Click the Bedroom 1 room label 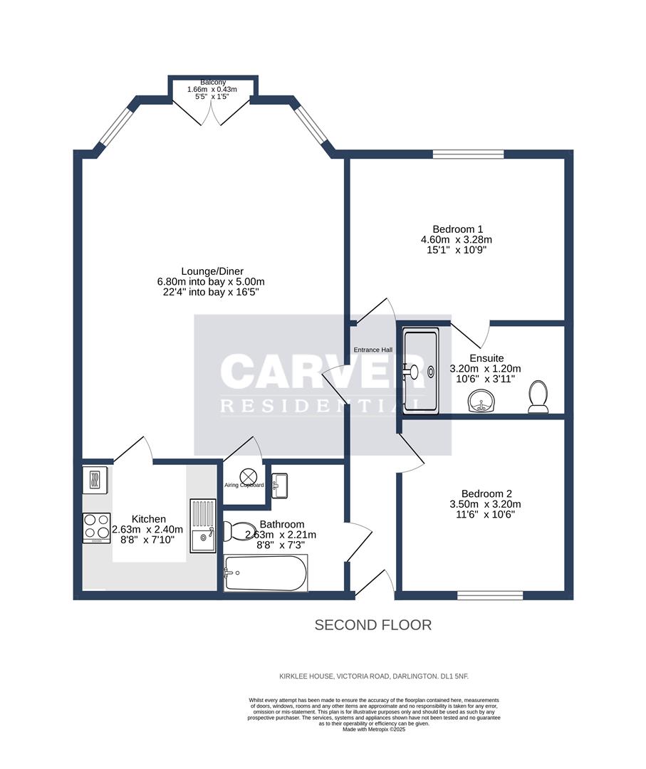point(457,229)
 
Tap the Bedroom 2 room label point(487,493)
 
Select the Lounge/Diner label point(212,271)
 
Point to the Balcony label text point(212,83)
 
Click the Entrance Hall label point(373,350)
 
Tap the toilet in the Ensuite point(538,397)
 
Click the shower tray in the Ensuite point(421,370)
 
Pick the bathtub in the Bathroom point(266,572)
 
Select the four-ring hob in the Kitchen point(95,528)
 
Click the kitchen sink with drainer point(202,525)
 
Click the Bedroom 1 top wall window point(468,153)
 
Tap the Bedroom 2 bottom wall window point(490,595)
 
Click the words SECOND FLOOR point(373,625)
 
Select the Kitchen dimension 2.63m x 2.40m point(148,530)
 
